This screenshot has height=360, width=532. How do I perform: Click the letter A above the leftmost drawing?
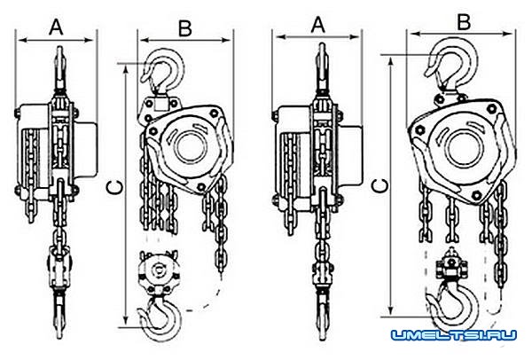coord(57,27)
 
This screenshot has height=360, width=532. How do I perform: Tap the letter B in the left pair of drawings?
coord(185,29)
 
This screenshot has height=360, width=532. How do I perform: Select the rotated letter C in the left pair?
coord(113,188)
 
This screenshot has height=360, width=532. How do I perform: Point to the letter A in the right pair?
coord(318,25)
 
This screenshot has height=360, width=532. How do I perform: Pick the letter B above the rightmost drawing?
coord(464,22)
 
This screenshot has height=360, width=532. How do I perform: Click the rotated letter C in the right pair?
coord(379,185)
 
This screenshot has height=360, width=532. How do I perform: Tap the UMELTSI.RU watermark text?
coord(454,335)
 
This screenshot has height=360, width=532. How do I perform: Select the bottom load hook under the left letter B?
coord(160,319)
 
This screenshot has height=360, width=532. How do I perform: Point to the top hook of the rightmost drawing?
coord(451,64)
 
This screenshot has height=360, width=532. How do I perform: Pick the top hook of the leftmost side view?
coord(59,68)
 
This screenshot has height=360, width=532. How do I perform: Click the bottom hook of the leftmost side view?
coord(59,314)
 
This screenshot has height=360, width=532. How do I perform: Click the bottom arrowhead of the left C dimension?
coord(126,320)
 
